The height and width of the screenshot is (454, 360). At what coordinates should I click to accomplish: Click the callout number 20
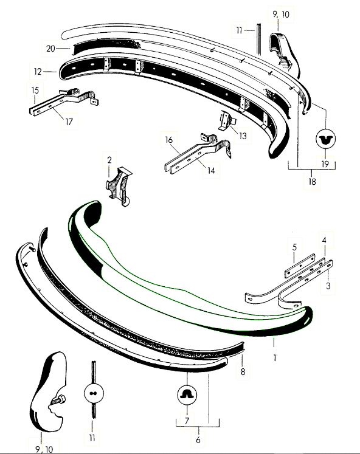pos(50,49)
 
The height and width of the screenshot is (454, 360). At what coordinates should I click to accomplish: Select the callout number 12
pos(38,71)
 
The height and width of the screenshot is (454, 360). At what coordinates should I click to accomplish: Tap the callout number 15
pos(35,90)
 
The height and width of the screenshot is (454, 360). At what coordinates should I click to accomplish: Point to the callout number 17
pos(69,122)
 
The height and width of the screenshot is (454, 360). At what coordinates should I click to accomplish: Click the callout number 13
pos(243,136)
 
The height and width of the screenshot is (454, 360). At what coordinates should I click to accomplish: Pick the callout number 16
pos(169,140)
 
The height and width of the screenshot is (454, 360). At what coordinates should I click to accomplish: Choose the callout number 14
pos(211,170)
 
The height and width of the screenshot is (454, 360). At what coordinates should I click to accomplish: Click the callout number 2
pos(109,160)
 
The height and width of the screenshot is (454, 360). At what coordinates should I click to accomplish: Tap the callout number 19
pos(325,163)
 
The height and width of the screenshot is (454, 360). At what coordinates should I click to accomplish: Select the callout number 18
pos(312,182)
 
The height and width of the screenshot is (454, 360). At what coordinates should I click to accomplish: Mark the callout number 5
pos(294,247)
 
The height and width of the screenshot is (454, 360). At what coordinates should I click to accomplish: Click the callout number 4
pos(324,240)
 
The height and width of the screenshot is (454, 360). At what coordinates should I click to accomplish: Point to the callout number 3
pos(328,286)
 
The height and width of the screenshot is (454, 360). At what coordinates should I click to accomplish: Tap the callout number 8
pos(243,371)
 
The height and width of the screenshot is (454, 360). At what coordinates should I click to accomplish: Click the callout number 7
pos(187,421)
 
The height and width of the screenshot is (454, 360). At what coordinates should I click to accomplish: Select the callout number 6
pos(198,440)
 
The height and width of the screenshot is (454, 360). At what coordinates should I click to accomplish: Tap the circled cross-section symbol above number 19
pos(325,139)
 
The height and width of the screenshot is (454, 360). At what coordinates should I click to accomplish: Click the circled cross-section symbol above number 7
pos(187,395)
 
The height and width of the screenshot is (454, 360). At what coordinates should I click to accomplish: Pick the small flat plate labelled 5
pos(300,266)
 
